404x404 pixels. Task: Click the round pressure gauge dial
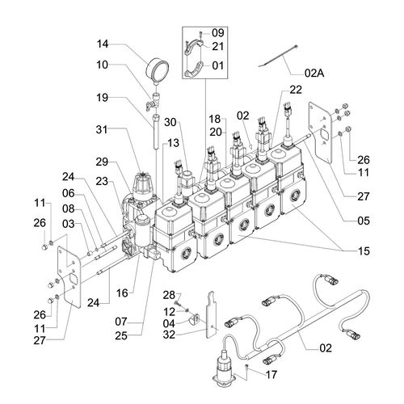pyautogui.click(x=157, y=70)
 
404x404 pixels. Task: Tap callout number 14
pyautogui.click(x=103, y=44)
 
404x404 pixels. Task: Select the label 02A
pyautogui.click(x=314, y=73)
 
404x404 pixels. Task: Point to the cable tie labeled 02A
pyautogui.click(x=278, y=56)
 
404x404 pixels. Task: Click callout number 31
pyautogui.click(x=102, y=130)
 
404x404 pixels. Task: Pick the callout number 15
pyautogui.click(x=364, y=251)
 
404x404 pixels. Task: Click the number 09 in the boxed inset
pyautogui.click(x=218, y=33)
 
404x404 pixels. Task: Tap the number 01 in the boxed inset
pyautogui.click(x=218, y=65)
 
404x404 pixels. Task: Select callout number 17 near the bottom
pyautogui.click(x=271, y=375)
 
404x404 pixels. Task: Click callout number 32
pyautogui.click(x=169, y=335)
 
